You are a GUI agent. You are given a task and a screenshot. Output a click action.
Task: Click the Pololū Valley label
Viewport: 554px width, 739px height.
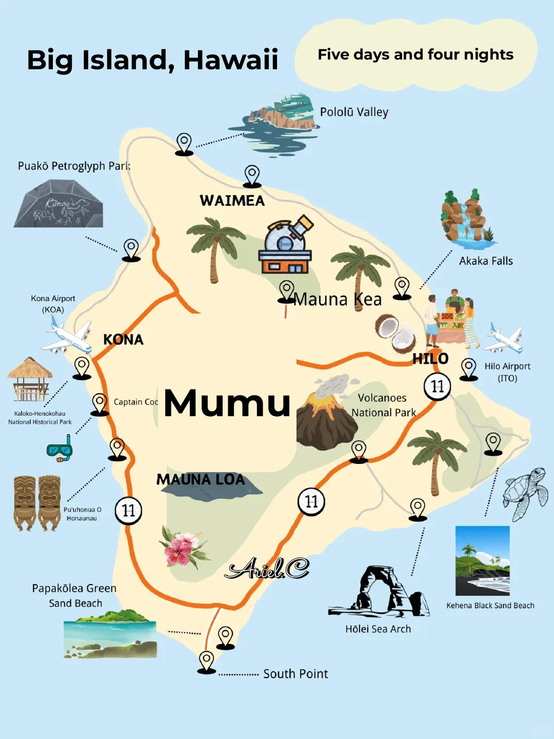(x=354, y=112)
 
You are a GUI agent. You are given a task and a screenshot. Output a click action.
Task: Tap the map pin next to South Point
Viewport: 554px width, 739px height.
(x=207, y=661)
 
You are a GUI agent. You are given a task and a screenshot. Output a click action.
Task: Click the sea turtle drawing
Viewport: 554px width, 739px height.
(x=526, y=493)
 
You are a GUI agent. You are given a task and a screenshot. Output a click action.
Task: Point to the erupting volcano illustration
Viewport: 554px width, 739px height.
(x=327, y=416)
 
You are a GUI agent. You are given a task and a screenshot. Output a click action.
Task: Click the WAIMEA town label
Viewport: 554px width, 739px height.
(x=232, y=201)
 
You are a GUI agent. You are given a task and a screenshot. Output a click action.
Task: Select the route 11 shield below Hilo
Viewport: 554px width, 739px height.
(x=437, y=386)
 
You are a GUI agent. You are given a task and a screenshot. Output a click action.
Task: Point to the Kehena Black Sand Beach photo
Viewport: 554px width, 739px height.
(x=482, y=560)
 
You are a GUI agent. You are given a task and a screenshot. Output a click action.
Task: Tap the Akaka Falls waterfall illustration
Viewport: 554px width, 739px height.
(x=468, y=218)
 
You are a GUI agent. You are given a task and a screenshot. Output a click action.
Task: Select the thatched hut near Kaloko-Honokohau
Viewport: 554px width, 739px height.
(x=30, y=380)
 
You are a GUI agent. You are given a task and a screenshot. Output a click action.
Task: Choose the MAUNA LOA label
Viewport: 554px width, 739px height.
(x=201, y=480)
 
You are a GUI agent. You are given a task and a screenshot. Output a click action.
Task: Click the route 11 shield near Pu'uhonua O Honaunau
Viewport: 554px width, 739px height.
(x=128, y=511)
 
